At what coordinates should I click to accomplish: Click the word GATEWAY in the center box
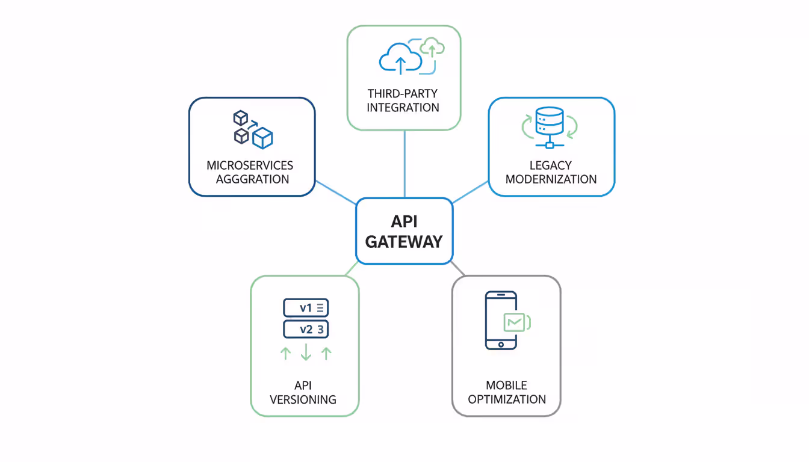404,241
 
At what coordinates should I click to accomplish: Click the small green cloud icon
432,47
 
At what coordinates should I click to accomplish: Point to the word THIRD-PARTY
403,94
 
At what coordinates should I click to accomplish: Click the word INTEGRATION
403,108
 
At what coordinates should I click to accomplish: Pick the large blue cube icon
262,138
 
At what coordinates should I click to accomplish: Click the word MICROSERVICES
250,165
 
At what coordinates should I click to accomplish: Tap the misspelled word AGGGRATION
252,179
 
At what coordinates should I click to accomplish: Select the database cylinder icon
549,121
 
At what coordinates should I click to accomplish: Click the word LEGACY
551,165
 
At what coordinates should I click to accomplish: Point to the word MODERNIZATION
551,179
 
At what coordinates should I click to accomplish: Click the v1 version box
306,308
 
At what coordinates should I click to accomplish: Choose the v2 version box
306,329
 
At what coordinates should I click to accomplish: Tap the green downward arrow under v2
306,352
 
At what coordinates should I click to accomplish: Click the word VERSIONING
303,399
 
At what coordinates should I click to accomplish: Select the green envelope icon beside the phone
515,322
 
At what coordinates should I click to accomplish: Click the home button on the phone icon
501,345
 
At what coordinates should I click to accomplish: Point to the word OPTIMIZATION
507,399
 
